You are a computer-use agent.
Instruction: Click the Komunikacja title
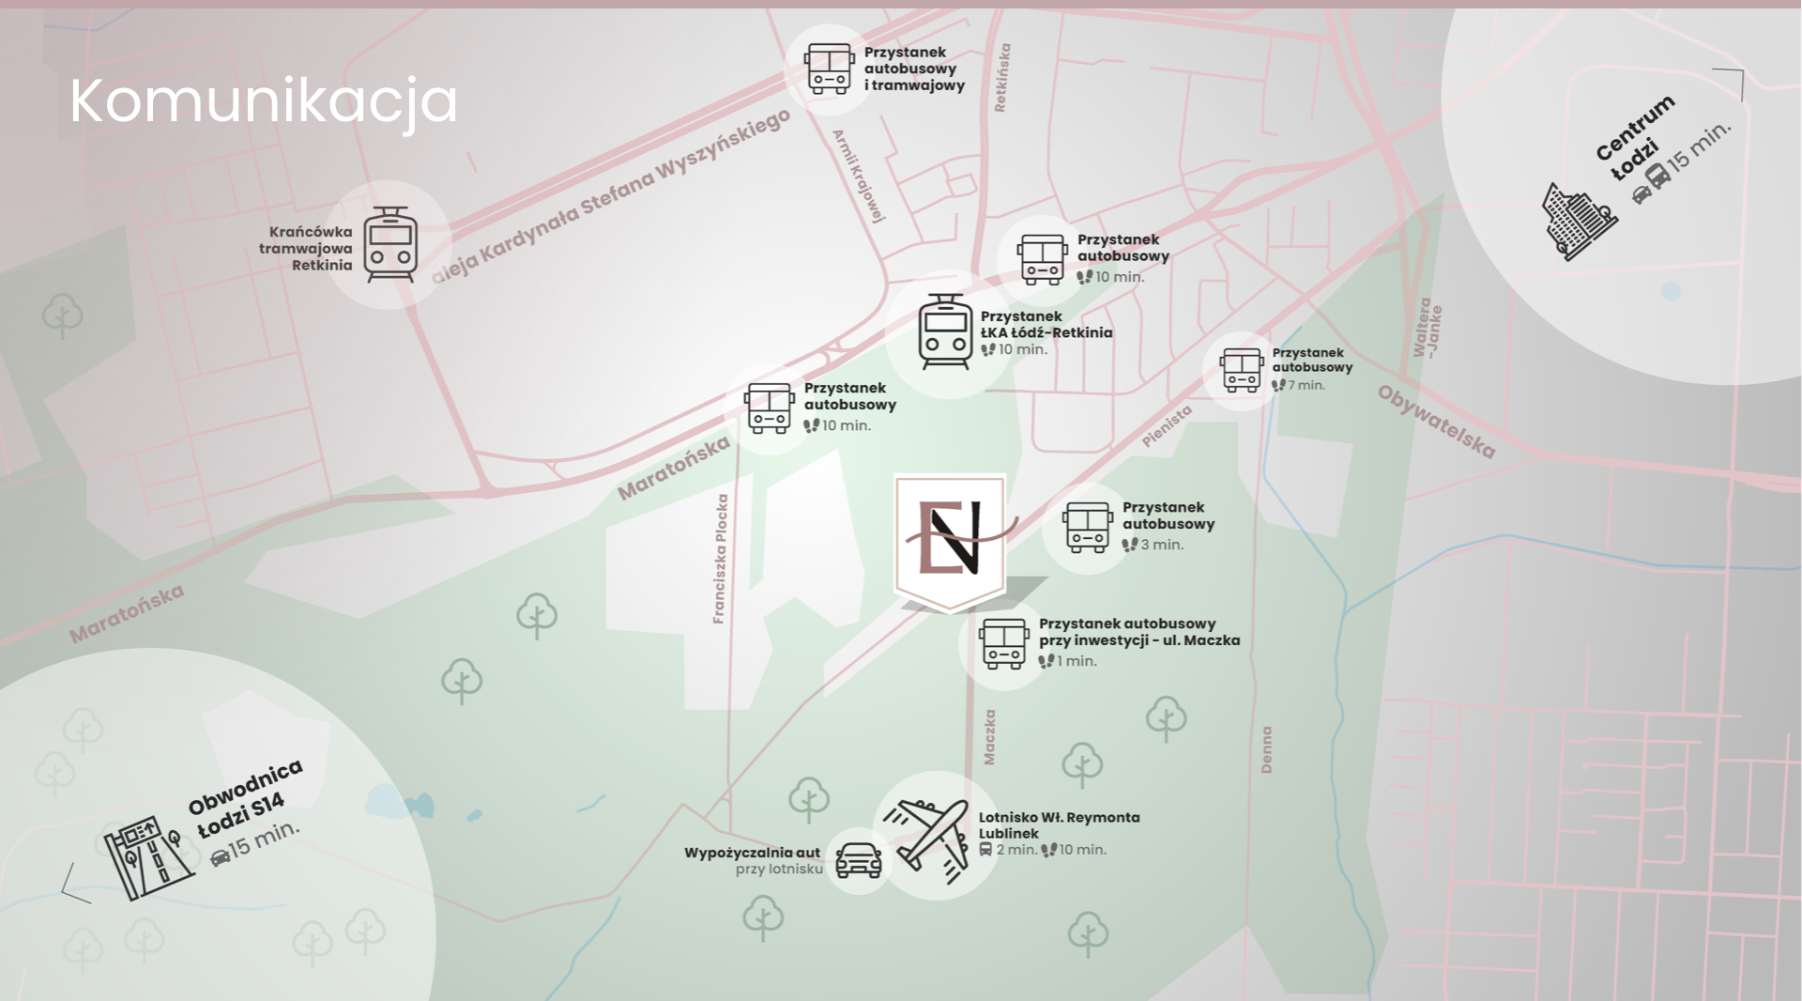(x=264, y=100)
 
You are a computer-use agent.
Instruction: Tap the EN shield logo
(x=950, y=540)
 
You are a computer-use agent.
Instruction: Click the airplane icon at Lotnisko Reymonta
(x=932, y=838)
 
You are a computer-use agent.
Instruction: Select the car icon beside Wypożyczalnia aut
(x=858, y=858)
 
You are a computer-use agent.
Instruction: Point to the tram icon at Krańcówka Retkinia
(x=390, y=244)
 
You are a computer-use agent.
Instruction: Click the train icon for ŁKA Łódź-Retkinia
(x=945, y=331)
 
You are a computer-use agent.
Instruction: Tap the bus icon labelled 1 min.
(x=1003, y=643)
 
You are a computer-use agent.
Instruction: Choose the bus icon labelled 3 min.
(x=1088, y=527)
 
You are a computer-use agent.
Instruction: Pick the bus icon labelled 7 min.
(x=1241, y=370)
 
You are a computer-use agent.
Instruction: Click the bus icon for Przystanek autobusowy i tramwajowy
(x=828, y=68)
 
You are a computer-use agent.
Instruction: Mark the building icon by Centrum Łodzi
(x=1580, y=222)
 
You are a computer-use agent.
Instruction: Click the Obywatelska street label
(x=1435, y=422)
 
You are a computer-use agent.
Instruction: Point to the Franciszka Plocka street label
(x=720, y=559)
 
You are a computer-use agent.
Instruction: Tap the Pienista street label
(x=1167, y=425)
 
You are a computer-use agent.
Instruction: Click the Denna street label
(x=1266, y=748)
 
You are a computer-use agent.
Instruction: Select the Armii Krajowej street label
(x=859, y=177)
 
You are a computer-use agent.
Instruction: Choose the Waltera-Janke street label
(x=1428, y=328)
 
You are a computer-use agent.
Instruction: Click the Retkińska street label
(x=1002, y=77)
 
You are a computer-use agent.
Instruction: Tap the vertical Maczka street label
(x=989, y=736)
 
